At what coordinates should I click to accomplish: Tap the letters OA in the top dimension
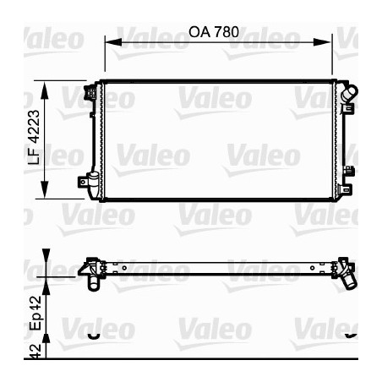click(x=198, y=31)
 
